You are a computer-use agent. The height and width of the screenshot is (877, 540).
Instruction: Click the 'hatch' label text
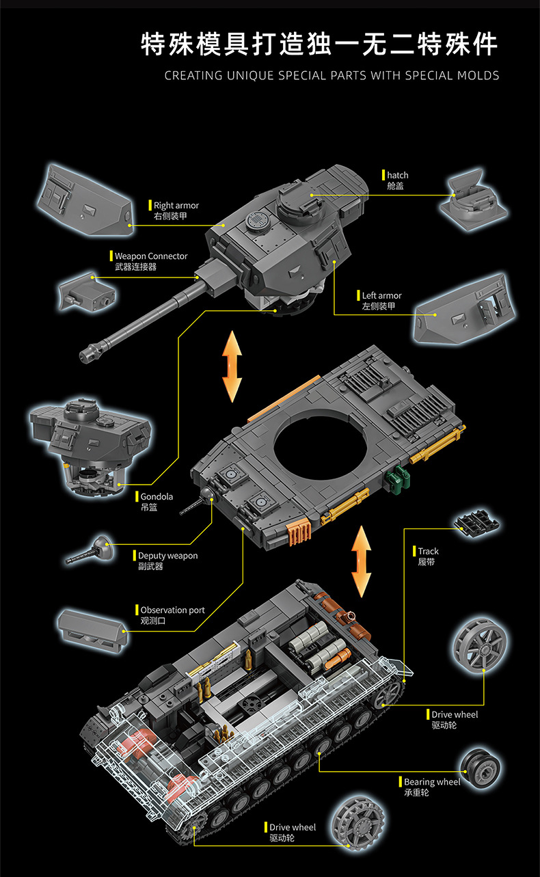pyautogui.click(x=397, y=176)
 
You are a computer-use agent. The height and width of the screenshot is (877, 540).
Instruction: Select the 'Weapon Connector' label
pyautogui.click(x=150, y=256)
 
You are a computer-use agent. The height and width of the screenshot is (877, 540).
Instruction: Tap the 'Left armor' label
pyautogui.click(x=381, y=295)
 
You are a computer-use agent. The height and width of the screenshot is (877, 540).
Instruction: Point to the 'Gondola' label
pyautogui.click(x=157, y=497)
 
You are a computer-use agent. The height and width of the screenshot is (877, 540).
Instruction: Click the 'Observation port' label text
pyautogui.click(x=172, y=610)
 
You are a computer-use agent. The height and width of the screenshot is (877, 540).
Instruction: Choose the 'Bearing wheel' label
pyautogui.click(x=432, y=782)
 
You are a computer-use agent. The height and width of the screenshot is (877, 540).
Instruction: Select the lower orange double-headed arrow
pyautogui.click(x=361, y=561)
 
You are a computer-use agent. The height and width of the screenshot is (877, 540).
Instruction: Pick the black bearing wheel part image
pyautogui.click(x=482, y=768)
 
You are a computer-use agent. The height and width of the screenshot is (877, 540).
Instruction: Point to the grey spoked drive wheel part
pyautogui.click(x=480, y=646)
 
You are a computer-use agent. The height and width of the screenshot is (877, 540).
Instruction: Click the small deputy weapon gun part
pyautogui.click(x=92, y=550)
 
